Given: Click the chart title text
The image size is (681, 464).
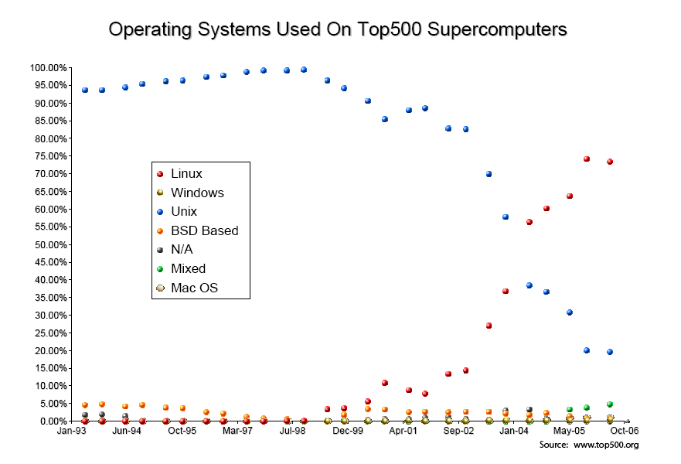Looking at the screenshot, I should coord(338,29).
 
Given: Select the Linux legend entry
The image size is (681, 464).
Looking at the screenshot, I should coord(186,174).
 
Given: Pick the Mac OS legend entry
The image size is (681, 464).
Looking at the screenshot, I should coord(194,288).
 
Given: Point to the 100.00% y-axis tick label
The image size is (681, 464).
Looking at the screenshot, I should coord(48,68).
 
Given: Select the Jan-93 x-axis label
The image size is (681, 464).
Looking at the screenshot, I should coord(71,431).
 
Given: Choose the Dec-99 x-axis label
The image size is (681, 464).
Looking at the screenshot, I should coord(348,431).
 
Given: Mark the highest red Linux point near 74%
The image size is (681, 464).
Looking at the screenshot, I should coord(587,159).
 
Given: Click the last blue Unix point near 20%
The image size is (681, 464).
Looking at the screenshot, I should coord(610,352).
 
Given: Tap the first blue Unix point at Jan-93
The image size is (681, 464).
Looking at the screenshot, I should coord(85,90).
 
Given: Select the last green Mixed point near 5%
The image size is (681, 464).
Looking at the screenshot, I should coord(610,404).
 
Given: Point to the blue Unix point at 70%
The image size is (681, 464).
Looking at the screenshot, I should coord(489,174).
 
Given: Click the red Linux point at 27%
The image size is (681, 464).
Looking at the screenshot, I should coord(489,326).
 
